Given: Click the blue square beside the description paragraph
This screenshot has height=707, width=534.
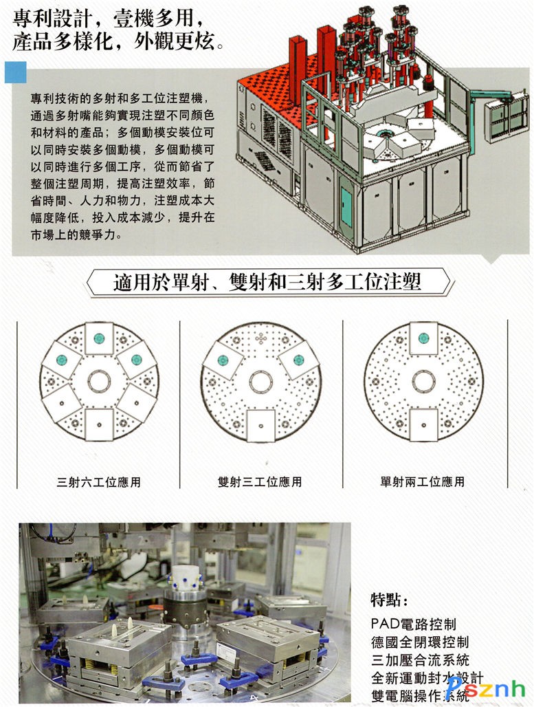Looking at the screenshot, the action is click(x=16, y=72).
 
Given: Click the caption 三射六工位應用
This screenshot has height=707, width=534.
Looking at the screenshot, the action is click(x=99, y=482).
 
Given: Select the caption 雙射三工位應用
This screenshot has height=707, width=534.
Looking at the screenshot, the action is click(x=260, y=482).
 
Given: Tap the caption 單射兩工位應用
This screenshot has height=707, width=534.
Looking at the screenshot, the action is click(x=422, y=482).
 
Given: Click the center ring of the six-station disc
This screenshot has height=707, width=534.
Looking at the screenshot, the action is click(x=99, y=371).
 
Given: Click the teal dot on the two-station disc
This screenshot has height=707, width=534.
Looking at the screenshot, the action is click(x=423, y=338).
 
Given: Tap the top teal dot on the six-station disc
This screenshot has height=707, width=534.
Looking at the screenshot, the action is click(x=99, y=338).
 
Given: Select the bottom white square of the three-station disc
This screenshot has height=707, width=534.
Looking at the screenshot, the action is click(x=261, y=425).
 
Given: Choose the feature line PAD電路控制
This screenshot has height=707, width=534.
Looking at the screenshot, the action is click(x=414, y=624).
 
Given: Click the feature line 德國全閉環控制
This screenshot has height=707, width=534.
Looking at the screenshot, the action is click(x=420, y=642).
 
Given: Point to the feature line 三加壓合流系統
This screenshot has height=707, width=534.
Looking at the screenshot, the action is click(x=420, y=660).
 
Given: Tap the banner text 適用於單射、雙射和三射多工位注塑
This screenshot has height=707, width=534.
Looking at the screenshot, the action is click(x=267, y=282).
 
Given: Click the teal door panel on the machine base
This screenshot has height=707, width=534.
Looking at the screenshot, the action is click(x=346, y=208).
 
